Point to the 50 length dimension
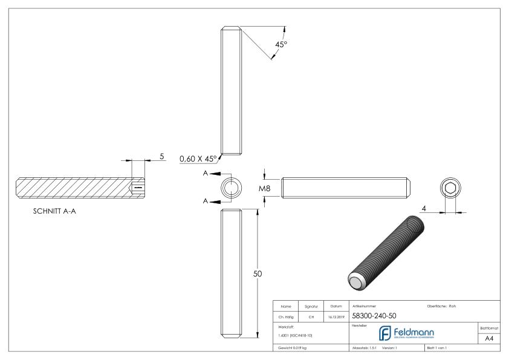point(257,273)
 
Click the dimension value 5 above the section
point(162,156)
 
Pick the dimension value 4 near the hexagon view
point(425,208)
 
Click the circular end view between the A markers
point(230,188)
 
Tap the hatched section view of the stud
point(80,188)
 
